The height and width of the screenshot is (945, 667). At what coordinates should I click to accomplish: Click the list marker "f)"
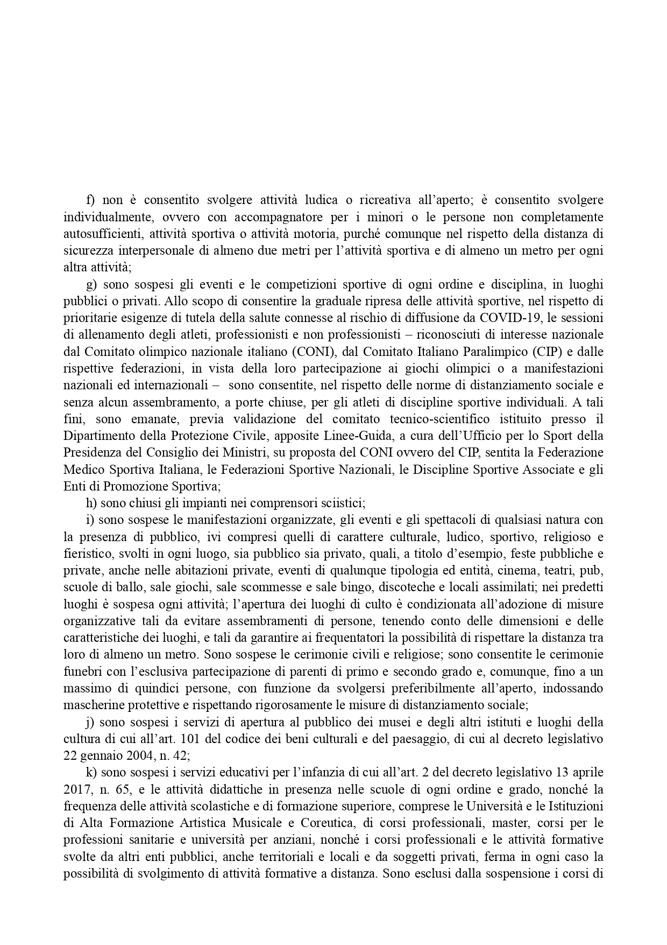90,200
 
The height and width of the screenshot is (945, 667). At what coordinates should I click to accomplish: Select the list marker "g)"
90,284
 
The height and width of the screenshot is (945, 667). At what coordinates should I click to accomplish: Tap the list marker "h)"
90,503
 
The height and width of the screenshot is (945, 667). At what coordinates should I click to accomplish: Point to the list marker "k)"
90,772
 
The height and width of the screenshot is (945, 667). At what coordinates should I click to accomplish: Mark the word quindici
134,688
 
